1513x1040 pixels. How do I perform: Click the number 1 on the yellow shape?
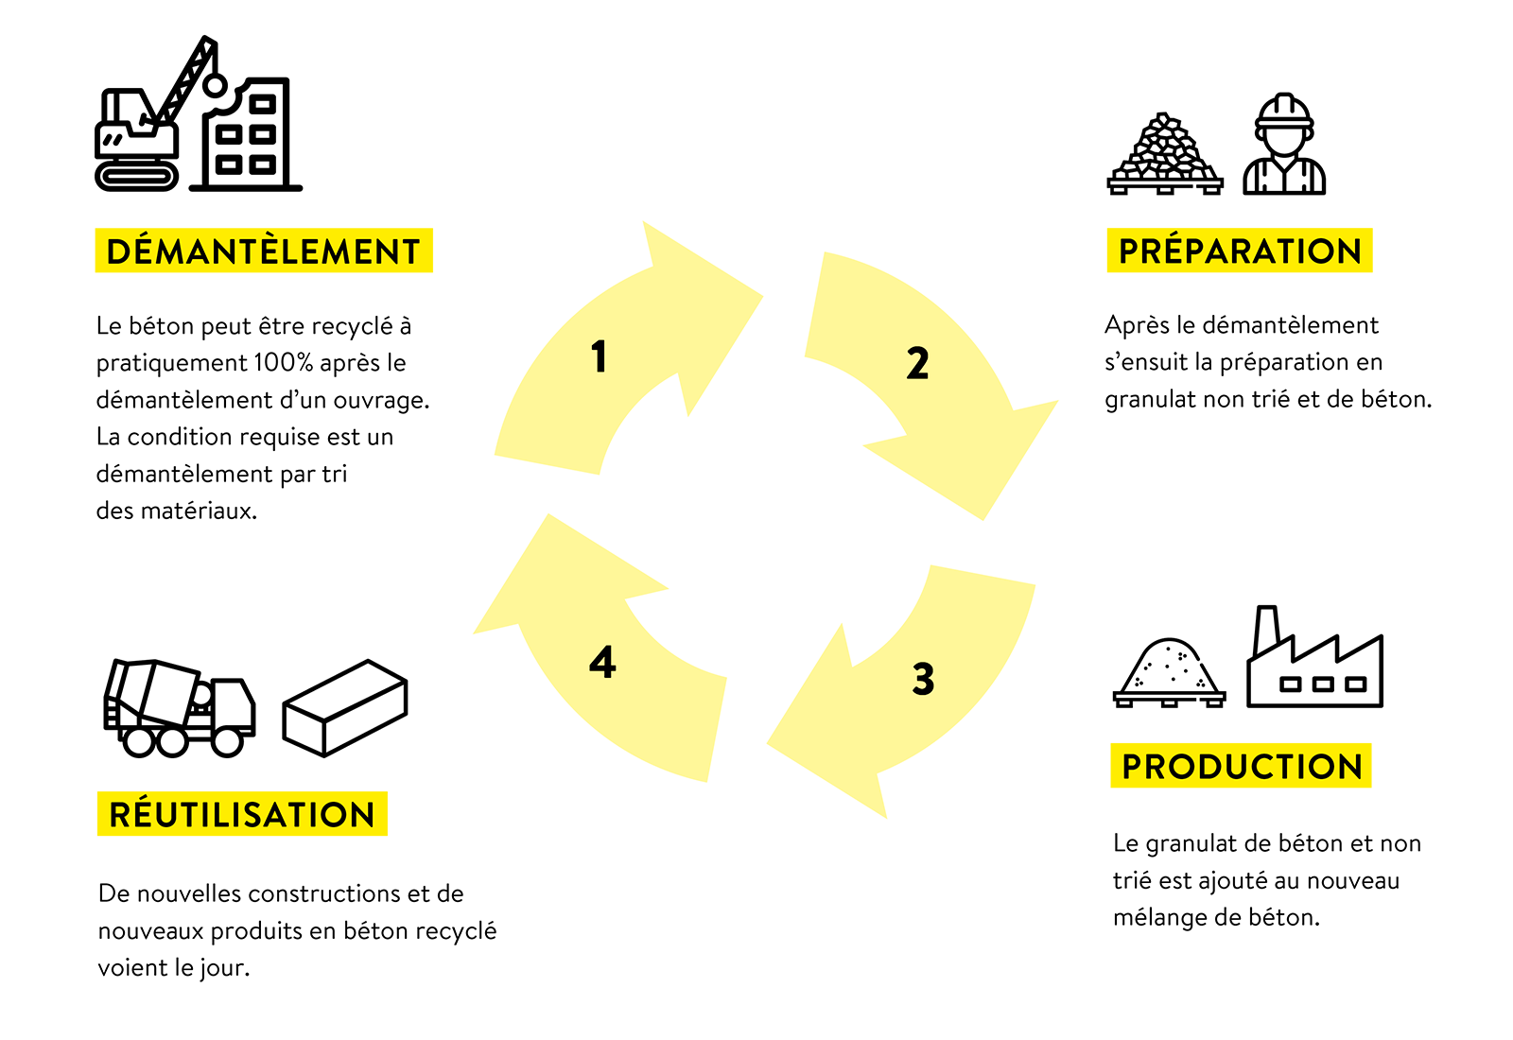coord(598,356)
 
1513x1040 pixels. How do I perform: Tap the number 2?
coord(917,364)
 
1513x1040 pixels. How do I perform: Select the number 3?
coord(923,679)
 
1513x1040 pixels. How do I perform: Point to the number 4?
coord(602,662)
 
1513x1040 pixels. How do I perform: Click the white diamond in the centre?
coord(767,518)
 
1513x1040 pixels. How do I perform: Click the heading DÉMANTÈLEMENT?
coord(263,252)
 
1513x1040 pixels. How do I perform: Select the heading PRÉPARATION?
coord(1240,251)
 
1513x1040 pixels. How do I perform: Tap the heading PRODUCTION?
coord(1242,767)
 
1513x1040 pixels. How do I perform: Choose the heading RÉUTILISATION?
coord(242,815)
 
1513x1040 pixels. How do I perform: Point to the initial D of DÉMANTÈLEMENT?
coord(118,252)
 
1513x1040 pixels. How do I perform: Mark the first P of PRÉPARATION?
coord(1129,251)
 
